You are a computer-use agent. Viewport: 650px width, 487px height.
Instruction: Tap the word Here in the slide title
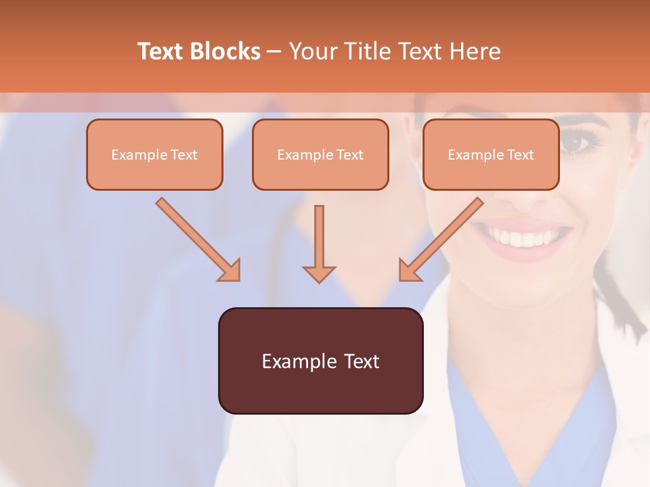click(473, 51)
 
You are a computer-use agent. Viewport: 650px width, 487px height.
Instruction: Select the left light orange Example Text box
click(154, 155)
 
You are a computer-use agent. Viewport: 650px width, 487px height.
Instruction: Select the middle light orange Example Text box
click(320, 155)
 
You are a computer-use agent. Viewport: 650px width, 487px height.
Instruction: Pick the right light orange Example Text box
click(491, 155)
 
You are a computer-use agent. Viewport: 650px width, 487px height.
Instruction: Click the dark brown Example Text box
click(320, 361)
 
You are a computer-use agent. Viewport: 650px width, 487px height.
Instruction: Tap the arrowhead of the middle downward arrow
click(319, 273)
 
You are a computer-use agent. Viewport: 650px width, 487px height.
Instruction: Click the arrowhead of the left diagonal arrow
click(230, 271)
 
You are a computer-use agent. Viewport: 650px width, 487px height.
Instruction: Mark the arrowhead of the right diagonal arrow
click(409, 271)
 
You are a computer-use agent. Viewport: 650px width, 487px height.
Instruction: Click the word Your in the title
click(313, 51)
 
